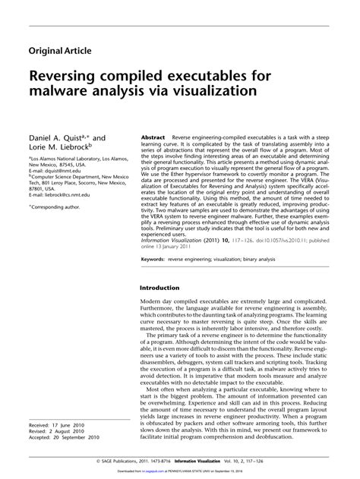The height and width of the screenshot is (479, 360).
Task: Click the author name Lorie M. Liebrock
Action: tap(59, 148)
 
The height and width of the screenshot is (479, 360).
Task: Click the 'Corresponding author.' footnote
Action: tap(59, 206)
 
